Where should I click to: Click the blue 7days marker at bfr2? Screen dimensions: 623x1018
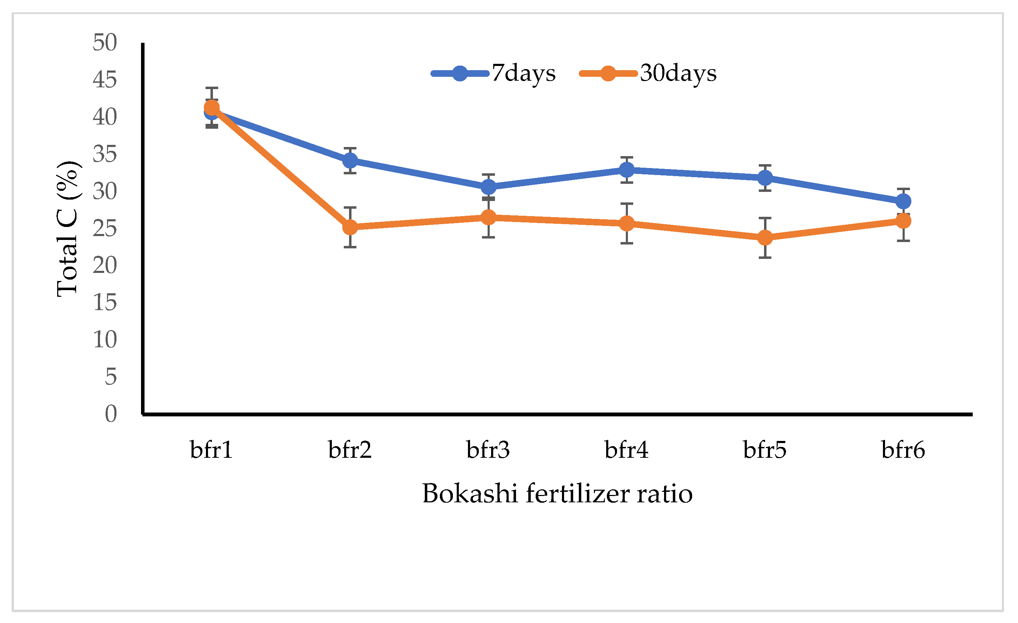pos(350,160)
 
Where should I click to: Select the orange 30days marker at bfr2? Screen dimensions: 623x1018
pos(350,227)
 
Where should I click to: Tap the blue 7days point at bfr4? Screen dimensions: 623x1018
pos(627,169)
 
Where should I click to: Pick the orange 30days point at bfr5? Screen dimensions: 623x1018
pos(765,237)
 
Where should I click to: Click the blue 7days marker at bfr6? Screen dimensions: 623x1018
pos(904,202)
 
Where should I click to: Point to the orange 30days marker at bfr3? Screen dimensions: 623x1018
pos(489,217)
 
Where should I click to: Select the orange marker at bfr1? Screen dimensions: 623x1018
pos(212,108)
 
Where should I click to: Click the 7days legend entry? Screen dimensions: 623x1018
pos(523,74)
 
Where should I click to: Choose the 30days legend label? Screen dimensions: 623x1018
pos(678,74)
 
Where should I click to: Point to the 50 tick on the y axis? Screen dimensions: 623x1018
pos(105,42)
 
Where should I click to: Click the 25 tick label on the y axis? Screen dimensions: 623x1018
pos(105,228)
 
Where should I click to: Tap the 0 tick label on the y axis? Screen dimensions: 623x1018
pos(111,414)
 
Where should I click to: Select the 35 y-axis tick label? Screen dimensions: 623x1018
pos(105,154)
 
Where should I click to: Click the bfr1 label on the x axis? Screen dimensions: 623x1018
pos(212,450)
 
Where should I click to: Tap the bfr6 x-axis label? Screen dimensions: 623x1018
pos(903,450)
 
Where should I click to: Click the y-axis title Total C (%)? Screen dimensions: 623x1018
pos(67,228)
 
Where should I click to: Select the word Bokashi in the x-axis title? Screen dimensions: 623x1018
pos(470,494)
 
